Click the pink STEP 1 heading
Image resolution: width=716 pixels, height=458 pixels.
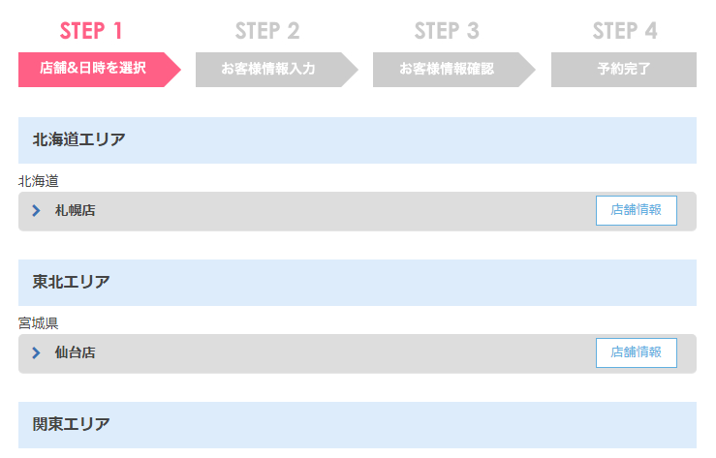click(91, 31)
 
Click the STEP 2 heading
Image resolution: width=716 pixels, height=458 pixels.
click(267, 31)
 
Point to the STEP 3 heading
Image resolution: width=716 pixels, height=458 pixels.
click(447, 31)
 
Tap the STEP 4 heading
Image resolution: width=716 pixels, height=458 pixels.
click(625, 31)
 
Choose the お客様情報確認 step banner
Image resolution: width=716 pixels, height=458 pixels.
click(453, 70)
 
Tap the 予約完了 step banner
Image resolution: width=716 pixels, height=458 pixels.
click(624, 70)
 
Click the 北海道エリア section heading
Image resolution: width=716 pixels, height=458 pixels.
click(79, 139)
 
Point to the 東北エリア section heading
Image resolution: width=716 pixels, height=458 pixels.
click(72, 282)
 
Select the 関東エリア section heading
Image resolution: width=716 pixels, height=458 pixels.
click(72, 424)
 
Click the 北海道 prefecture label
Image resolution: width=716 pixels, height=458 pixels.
click(39, 181)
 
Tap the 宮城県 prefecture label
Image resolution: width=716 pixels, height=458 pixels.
click(39, 323)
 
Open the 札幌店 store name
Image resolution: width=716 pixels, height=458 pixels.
click(76, 210)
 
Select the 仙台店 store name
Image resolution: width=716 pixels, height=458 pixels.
click(76, 352)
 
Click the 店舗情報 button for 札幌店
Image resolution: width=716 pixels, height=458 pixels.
click(637, 210)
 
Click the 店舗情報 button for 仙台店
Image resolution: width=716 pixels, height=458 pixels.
click(637, 352)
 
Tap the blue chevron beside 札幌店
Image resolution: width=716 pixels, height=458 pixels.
click(36, 210)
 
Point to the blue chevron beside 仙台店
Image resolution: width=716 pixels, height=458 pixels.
click(36, 352)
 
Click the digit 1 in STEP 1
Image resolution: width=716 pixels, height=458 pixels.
click(118, 31)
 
